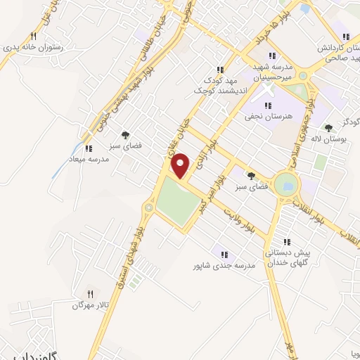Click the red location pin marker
tap(181, 166)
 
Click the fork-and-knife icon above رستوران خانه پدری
tap(32, 36)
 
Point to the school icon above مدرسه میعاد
tap(88, 149)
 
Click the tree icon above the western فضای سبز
tap(126, 134)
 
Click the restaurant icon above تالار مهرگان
tap(89, 293)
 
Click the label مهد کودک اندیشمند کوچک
tap(220, 85)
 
